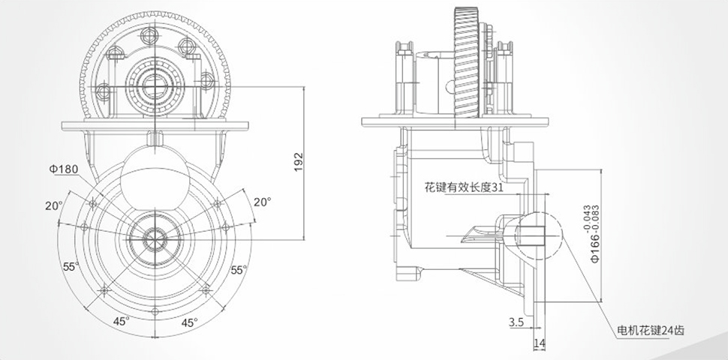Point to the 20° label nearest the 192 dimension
click(x=261, y=202)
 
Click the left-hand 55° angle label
click(x=71, y=266)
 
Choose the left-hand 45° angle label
click(x=121, y=321)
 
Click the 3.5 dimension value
click(x=516, y=322)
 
